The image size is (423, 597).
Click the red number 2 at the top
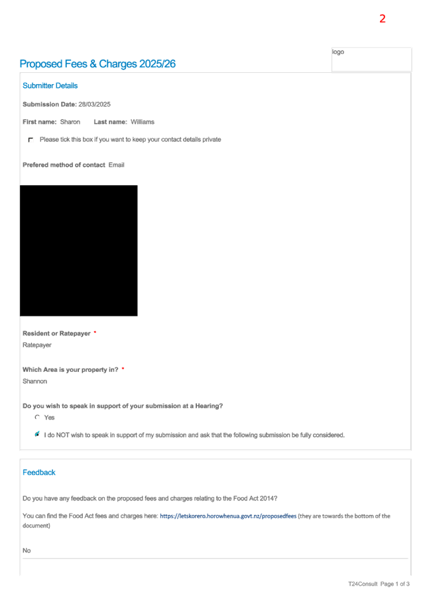382,19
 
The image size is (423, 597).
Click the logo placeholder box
371,60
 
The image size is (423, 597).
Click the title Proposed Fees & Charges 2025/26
97,64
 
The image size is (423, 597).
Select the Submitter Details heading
50,85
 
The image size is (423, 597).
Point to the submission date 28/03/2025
95,105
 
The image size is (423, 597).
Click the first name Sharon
70,122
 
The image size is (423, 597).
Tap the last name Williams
143,122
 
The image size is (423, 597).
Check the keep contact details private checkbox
31,140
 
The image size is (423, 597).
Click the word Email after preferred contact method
116,165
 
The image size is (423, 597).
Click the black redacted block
79,251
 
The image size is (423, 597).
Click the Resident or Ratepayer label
56,334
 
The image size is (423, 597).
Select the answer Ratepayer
37,345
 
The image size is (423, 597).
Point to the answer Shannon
34,381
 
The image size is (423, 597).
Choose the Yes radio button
37,417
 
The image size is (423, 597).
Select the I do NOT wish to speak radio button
37,434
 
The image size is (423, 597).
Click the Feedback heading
39,473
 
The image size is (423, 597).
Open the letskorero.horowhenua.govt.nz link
228,516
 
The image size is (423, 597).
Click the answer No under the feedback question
27,551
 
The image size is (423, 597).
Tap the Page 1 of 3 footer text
394,584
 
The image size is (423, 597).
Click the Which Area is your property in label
70,370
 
